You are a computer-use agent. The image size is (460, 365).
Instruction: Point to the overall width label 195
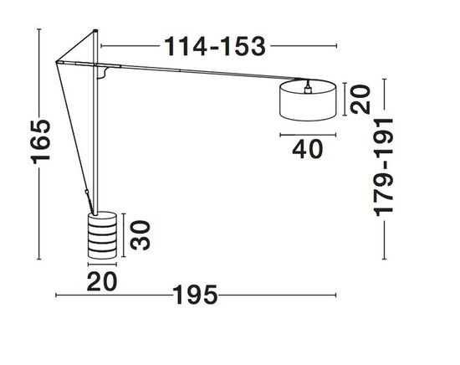pyautogui.click(x=196, y=296)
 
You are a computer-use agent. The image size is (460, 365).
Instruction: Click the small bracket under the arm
pyautogui.click(x=104, y=76)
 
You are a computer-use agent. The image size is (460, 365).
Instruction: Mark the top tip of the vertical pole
pyautogui.click(x=95, y=33)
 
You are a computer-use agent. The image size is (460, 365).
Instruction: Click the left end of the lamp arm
pyautogui.click(x=56, y=59)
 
